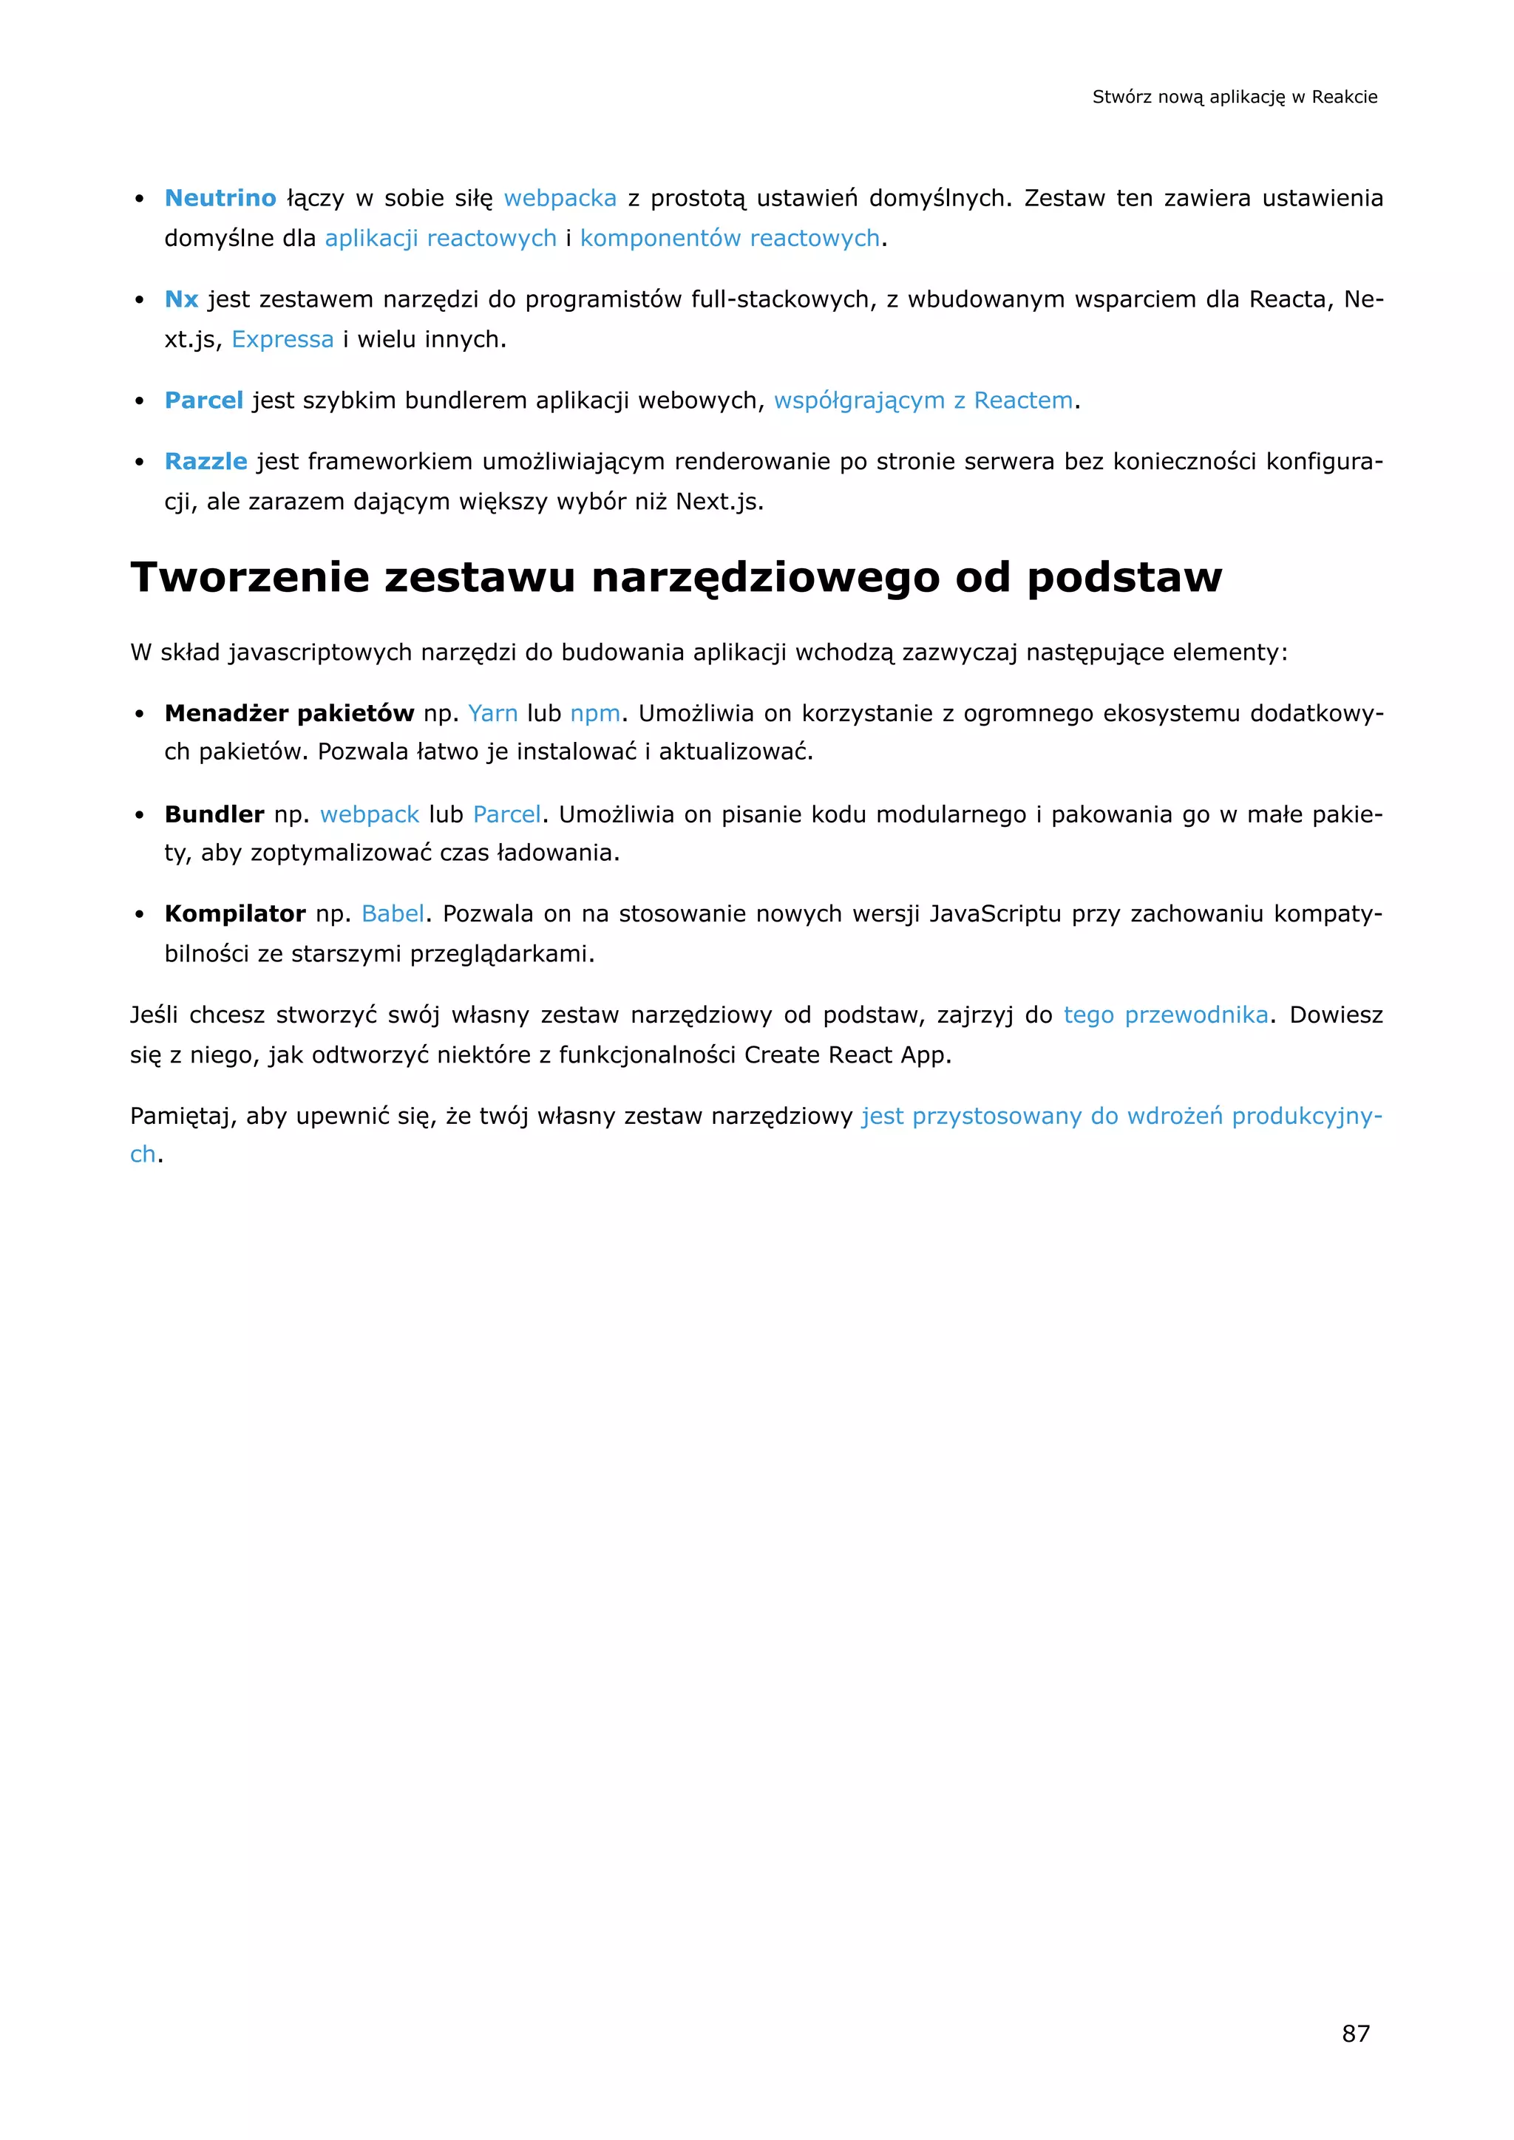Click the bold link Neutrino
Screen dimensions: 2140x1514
[220, 199]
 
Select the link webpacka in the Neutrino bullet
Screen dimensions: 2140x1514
[560, 199]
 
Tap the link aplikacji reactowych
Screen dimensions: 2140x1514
[440, 239]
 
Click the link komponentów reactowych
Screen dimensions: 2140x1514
[729, 239]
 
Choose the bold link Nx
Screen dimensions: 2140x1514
[181, 299]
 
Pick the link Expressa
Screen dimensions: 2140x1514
[282, 339]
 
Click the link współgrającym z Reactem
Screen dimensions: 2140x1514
[923, 401]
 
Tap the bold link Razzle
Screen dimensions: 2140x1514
[205, 461]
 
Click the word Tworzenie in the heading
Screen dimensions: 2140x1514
[250, 577]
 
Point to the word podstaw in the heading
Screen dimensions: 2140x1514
[1124, 577]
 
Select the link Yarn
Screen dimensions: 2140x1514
[492, 713]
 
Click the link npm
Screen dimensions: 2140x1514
[595, 713]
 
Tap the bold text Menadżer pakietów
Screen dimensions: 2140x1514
[289, 713]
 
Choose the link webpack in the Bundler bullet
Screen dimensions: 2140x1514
[369, 814]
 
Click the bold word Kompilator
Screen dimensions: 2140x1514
[235, 913]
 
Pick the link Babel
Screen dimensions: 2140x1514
[393, 913]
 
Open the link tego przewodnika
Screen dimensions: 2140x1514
[1165, 1015]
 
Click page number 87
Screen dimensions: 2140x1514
[1356, 2033]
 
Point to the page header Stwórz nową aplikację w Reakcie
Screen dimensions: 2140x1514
[1235, 97]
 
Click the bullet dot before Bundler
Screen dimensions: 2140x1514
[139, 816]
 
